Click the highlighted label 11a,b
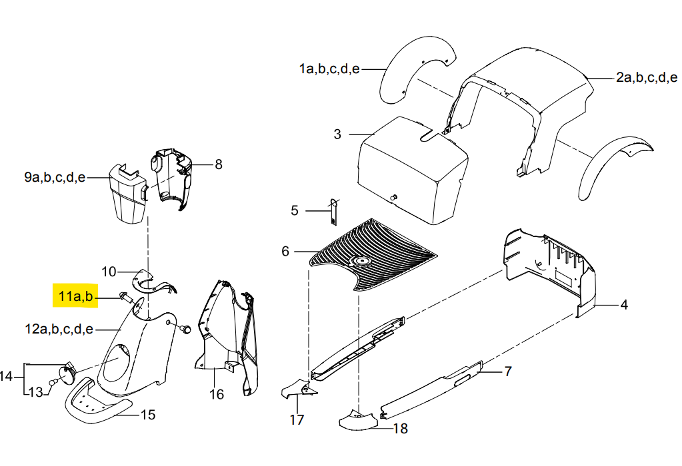[76, 297]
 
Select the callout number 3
[337, 134]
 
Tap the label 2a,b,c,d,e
[647, 78]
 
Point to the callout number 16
[217, 394]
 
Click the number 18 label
[401, 429]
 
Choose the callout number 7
[507, 371]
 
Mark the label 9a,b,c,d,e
[55, 178]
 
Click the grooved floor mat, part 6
[372, 254]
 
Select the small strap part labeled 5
[334, 212]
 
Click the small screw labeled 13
[53, 382]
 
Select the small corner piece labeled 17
[299, 389]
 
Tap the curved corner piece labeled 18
[357, 421]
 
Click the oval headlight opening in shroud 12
[117, 359]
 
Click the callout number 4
[624, 305]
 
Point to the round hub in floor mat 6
[361, 261]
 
